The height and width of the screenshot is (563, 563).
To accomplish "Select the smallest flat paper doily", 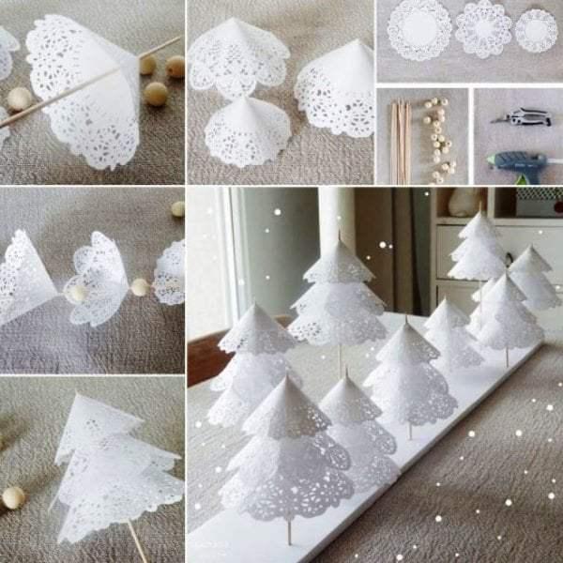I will point(536,30).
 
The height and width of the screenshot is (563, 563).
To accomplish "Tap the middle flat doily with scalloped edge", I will point(482,29).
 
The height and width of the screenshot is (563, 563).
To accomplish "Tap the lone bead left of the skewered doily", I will point(19,99).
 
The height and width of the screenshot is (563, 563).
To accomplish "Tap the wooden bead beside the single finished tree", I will point(13,496).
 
